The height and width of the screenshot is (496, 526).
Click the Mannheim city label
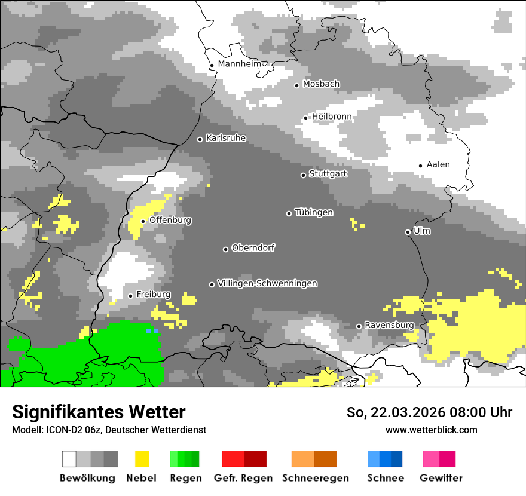pos(240,64)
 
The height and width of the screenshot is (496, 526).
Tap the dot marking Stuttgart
pos(303,175)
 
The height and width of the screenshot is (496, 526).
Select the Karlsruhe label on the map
pos(225,138)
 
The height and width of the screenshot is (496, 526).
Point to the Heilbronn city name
pos(332,117)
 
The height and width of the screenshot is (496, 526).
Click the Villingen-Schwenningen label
pos(267,283)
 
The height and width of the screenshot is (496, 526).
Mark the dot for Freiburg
pos(131,296)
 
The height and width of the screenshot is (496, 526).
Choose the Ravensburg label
pos(389,325)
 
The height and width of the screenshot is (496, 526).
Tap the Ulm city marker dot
pos(408,232)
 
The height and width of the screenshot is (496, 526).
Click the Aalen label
pos(438,164)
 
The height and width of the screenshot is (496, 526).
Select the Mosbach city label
pos(321,84)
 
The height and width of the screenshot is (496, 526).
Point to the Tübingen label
pos(314,212)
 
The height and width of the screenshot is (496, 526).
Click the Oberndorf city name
pos(253,248)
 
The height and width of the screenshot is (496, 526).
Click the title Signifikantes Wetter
pos(99,412)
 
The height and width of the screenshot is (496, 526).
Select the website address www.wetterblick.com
pos(431,430)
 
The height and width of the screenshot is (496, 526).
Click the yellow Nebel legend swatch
pos(142,459)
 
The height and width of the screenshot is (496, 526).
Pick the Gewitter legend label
pos(441,478)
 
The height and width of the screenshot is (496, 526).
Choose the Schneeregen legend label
pos(314,478)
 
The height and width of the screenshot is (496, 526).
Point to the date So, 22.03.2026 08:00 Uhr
pos(429,412)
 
